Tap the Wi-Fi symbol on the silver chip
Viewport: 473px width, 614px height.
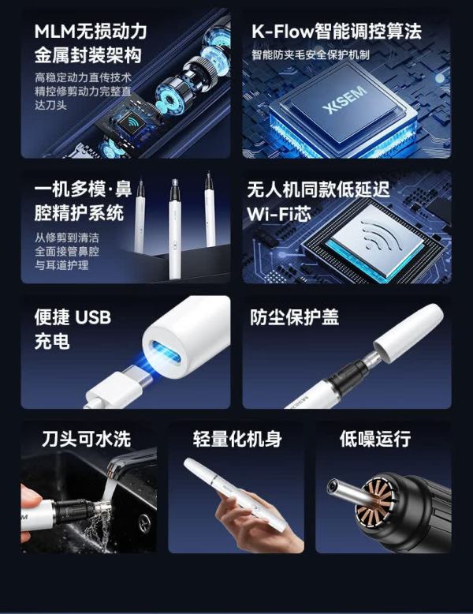(x=382, y=235)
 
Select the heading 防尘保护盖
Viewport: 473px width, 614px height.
(x=294, y=317)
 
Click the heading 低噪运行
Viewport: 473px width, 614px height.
(x=374, y=439)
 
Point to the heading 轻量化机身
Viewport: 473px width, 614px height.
(x=237, y=439)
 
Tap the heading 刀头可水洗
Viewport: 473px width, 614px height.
(x=87, y=439)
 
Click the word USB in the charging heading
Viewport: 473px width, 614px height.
(x=92, y=317)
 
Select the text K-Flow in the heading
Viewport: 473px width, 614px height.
(x=282, y=32)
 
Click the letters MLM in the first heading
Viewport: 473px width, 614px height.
(x=54, y=32)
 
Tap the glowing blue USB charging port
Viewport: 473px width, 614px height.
(x=166, y=353)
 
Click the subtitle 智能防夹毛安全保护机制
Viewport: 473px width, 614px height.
(x=311, y=54)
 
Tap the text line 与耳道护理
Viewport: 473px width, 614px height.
(x=61, y=265)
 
